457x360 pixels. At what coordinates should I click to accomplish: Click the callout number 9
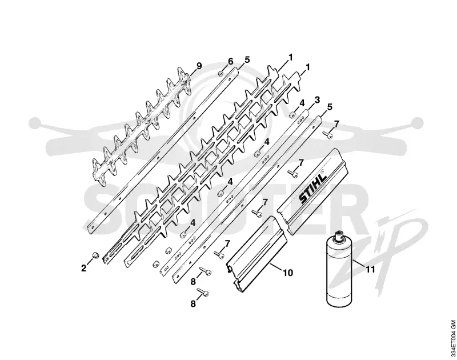coord(199,66)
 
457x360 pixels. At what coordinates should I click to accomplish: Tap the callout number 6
coord(230,61)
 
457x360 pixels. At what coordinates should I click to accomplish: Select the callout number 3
coord(317,99)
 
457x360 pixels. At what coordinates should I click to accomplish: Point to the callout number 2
coord(83,268)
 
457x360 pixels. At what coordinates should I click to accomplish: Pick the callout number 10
coord(288,273)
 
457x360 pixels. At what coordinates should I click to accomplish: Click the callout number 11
coord(370,269)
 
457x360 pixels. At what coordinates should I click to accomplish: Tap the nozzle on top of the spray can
coord(339,234)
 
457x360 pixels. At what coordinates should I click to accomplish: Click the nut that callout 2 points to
coord(95,255)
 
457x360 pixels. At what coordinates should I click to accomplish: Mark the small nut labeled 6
coord(221,74)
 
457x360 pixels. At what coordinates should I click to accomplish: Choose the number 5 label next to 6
coord(247,60)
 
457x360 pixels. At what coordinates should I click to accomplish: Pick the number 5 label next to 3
coord(330,107)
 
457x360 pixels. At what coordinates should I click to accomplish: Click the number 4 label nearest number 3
coord(302,103)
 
